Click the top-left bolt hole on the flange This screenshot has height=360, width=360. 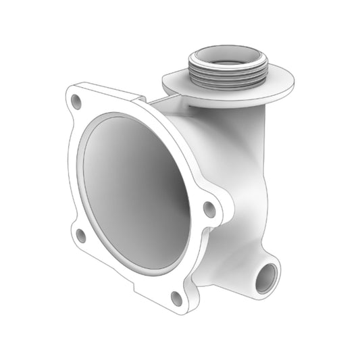76,103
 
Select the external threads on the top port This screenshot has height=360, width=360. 226,76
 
